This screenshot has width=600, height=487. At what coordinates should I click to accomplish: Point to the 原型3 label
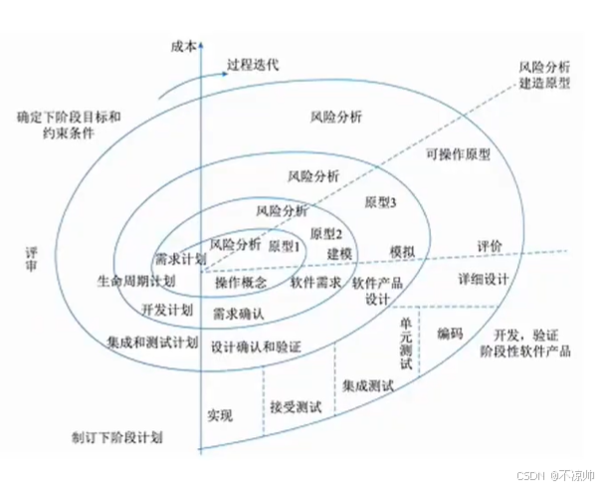click(382, 201)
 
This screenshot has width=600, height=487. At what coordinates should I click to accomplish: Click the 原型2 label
click(326, 234)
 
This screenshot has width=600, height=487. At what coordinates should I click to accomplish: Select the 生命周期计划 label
click(136, 282)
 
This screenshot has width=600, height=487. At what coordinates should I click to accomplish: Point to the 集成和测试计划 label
click(151, 343)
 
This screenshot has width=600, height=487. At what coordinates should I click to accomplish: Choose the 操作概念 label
click(241, 283)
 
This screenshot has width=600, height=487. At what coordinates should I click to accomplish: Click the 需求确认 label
click(237, 314)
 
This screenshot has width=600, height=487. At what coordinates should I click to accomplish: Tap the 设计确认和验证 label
click(256, 346)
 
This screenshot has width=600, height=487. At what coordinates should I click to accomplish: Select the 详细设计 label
click(483, 279)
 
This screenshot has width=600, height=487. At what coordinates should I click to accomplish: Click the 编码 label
click(450, 335)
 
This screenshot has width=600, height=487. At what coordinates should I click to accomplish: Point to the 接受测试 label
click(296, 406)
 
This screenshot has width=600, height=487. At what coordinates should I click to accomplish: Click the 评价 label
click(489, 244)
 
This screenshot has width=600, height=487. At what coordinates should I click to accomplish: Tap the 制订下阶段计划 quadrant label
click(116, 437)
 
